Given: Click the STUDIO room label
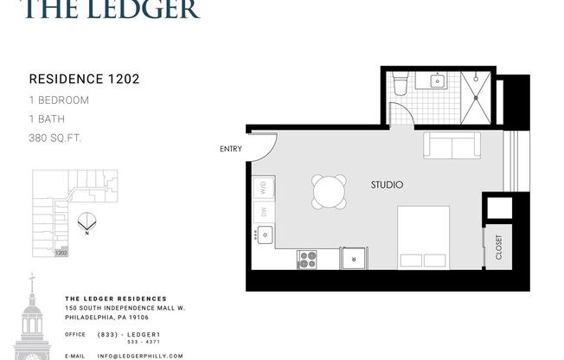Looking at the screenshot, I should pyautogui.click(x=387, y=184).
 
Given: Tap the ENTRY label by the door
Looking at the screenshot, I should pyautogui.click(x=232, y=149).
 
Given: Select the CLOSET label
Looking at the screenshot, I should pyautogui.click(x=499, y=247).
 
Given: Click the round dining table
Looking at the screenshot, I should pyautogui.click(x=329, y=190).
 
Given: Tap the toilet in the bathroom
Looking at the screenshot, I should pyautogui.click(x=400, y=85).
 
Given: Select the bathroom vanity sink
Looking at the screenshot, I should pyautogui.click(x=437, y=82).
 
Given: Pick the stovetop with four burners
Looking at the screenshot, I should pyautogui.click(x=307, y=259).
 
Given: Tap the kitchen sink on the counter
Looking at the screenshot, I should pyautogui.click(x=264, y=233).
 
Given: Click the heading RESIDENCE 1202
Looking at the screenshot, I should pyautogui.click(x=85, y=79).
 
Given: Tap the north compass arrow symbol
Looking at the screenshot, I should pyautogui.click(x=86, y=222).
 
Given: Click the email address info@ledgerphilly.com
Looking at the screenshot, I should pyautogui.click(x=139, y=356).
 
